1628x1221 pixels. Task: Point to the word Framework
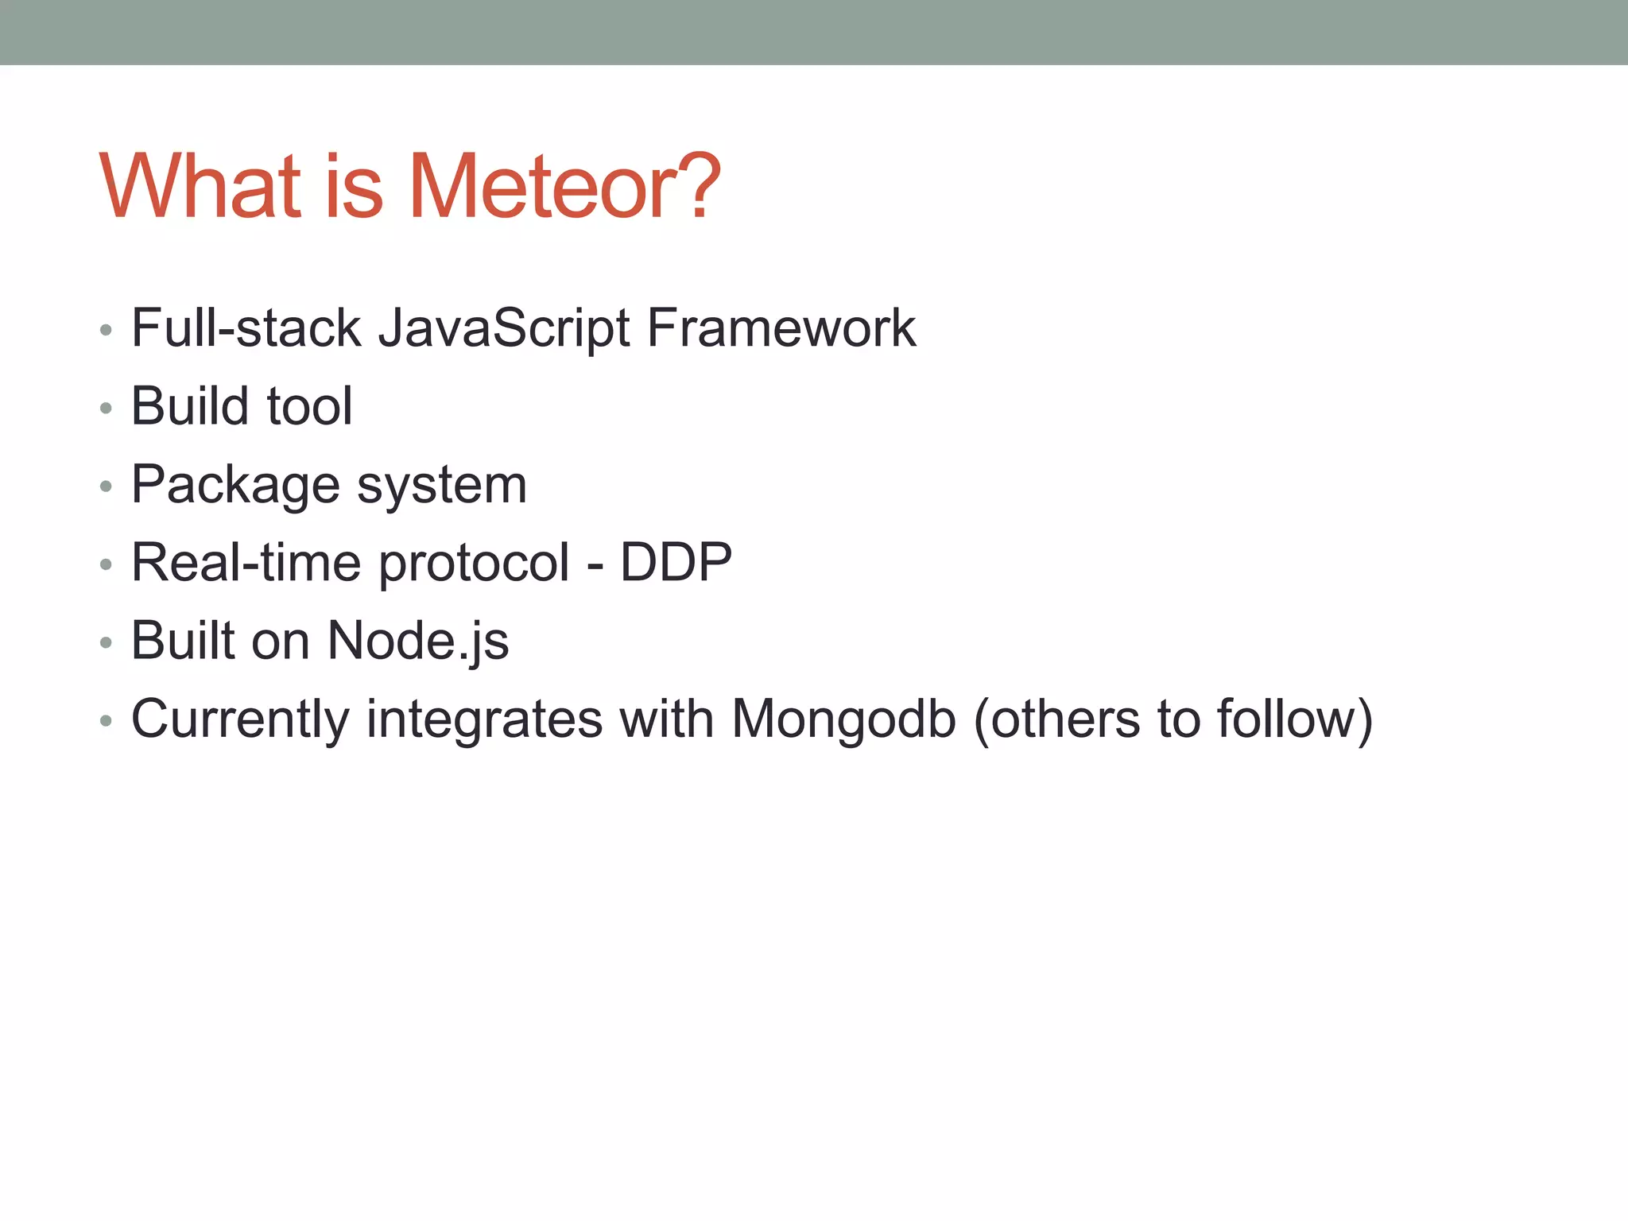click(x=781, y=328)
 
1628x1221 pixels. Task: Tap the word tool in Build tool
click(x=309, y=406)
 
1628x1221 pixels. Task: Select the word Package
click(x=235, y=486)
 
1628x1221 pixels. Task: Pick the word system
click(x=442, y=486)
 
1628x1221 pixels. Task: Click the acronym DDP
click(x=676, y=563)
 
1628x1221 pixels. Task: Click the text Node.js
click(x=418, y=642)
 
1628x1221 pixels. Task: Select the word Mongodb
click(x=843, y=720)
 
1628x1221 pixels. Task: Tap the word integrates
click(x=484, y=720)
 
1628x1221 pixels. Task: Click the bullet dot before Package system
click(x=106, y=486)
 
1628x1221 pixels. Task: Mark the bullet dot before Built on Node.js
click(x=106, y=642)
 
